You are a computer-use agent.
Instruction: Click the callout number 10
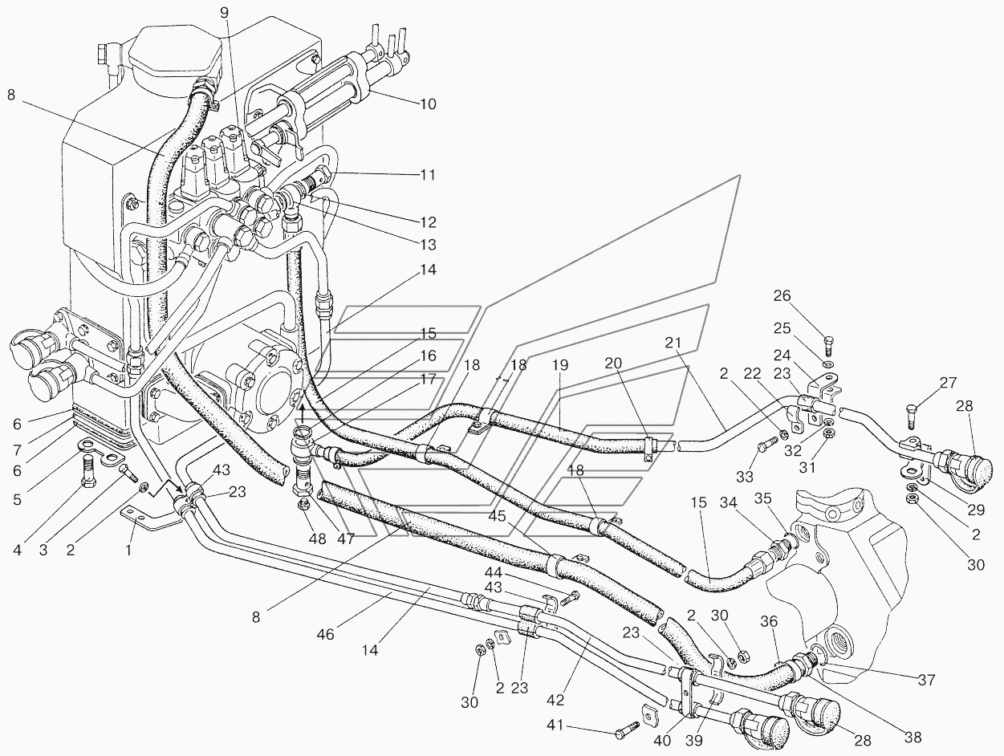(429, 104)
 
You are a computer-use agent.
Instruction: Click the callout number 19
(560, 364)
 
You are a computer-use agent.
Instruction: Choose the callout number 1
(128, 551)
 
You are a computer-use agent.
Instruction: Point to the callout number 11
(428, 174)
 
